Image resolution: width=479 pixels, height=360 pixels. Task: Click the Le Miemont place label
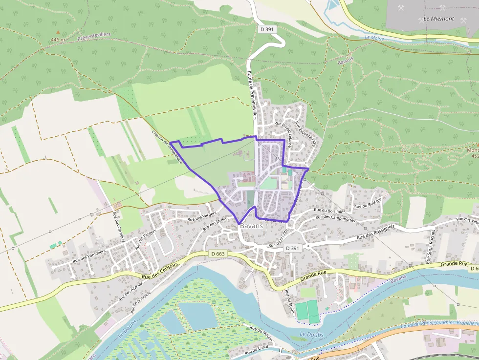click(x=438, y=19)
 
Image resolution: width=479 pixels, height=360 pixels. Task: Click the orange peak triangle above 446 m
click(x=58, y=32)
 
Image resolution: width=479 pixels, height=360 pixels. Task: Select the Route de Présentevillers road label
click(x=252, y=95)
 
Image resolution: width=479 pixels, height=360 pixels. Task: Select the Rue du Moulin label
click(x=261, y=334)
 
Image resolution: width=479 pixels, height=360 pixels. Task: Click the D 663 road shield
click(x=218, y=254)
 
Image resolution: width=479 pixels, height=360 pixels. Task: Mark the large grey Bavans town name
click(x=251, y=226)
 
